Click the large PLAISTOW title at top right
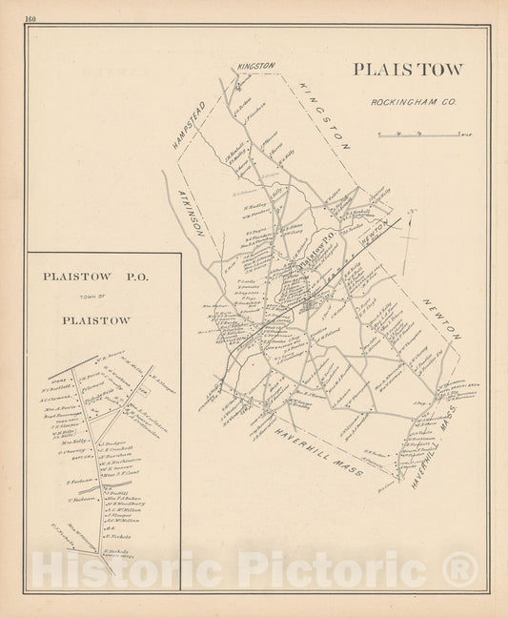click(x=407, y=70)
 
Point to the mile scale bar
click(x=418, y=134)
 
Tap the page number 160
click(x=31, y=19)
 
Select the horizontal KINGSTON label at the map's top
click(x=255, y=66)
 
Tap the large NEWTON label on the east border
click(x=442, y=319)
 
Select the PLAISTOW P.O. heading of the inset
click(x=95, y=277)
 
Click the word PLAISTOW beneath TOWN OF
click(x=95, y=319)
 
